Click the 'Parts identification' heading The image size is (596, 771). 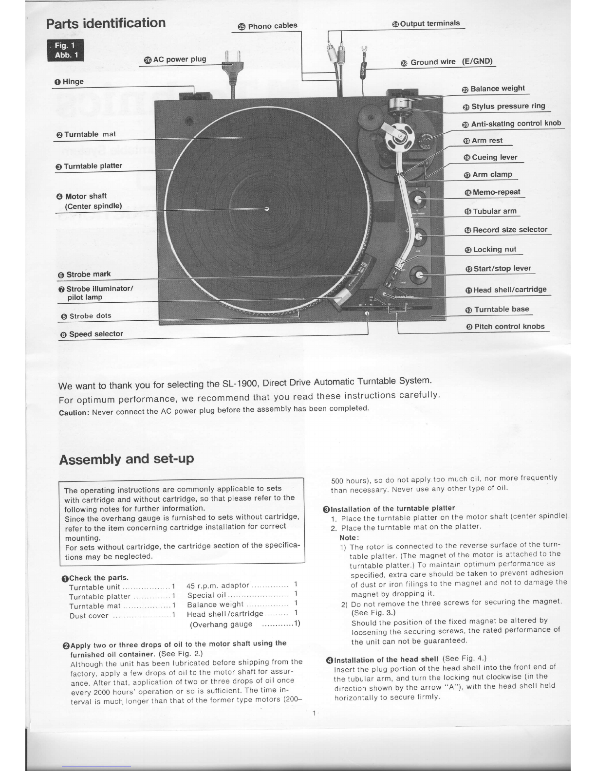point(106,23)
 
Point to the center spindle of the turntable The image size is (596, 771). point(266,209)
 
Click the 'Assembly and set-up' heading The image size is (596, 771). point(126,459)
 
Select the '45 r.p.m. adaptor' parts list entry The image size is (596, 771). point(218,586)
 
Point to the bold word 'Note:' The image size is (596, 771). point(349,537)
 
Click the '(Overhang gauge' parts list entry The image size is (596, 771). point(222,624)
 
